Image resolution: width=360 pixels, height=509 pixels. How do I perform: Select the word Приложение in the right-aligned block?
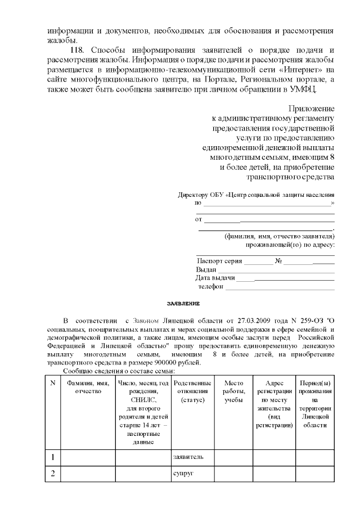pos(312,108)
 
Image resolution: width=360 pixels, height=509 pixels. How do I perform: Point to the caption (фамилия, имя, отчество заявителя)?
pos(279,236)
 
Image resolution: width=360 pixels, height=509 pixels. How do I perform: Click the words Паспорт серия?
pos(219,261)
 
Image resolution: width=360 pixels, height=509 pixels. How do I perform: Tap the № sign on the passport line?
pos(278,261)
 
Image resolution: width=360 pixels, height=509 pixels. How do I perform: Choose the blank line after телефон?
pos(280,287)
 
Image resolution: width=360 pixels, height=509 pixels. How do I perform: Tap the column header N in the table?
pos(52,383)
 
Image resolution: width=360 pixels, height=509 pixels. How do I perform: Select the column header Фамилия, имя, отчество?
pos(87,387)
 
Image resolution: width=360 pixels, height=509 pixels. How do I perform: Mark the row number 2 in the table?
pos(52,474)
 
